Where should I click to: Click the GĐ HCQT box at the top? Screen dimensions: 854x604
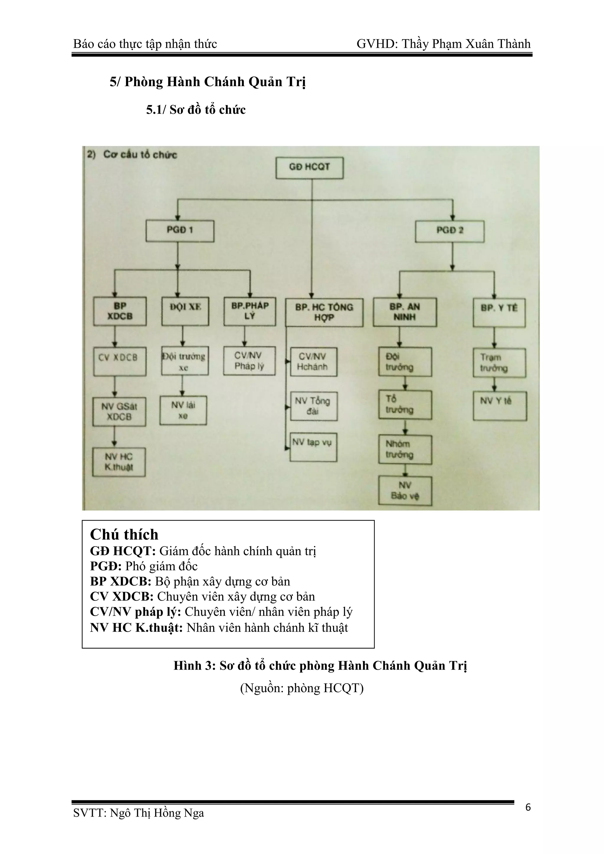[x=309, y=168]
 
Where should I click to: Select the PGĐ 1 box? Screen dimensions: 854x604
[x=180, y=231]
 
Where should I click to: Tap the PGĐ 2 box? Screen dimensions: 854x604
[x=450, y=231]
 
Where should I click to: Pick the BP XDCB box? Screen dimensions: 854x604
[x=120, y=311]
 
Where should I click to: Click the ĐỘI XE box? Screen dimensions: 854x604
[x=185, y=311]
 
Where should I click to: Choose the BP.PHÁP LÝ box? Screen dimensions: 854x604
[x=250, y=311]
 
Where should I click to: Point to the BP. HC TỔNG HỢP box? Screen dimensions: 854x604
[x=324, y=313]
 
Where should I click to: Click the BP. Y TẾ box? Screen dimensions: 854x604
[x=499, y=313]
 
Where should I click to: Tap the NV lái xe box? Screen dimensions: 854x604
[x=183, y=411]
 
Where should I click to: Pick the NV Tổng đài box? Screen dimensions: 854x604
[x=314, y=406]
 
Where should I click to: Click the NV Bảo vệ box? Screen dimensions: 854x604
[x=405, y=491]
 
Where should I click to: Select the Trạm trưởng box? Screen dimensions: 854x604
[x=499, y=363]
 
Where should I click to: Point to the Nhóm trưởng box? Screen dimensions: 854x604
[x=405, y=450]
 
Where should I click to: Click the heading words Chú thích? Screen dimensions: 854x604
[x=124, y=535]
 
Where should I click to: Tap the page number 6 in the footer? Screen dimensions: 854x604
[x=528, y=807]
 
